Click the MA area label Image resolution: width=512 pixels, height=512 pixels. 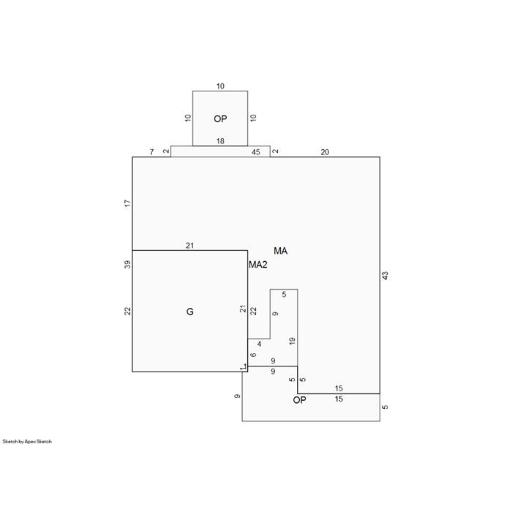[x=280, y=251]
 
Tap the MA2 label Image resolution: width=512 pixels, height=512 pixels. [x=258, y=265]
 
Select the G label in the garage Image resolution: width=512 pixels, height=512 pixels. [x=189, y=312]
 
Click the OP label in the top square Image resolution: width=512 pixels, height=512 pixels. [x=220, y=118]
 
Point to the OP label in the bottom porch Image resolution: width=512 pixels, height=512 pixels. [x=299, y=400]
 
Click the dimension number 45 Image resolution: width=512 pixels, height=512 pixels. [x=256, y=152]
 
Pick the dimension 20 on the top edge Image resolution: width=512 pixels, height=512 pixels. [x=325, y=152]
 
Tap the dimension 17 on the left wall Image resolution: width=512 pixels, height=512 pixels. [x=128, y=203]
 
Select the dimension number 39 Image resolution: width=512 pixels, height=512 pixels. [x=128, y=265]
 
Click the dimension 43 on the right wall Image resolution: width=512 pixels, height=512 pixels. [x=385, y=276]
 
